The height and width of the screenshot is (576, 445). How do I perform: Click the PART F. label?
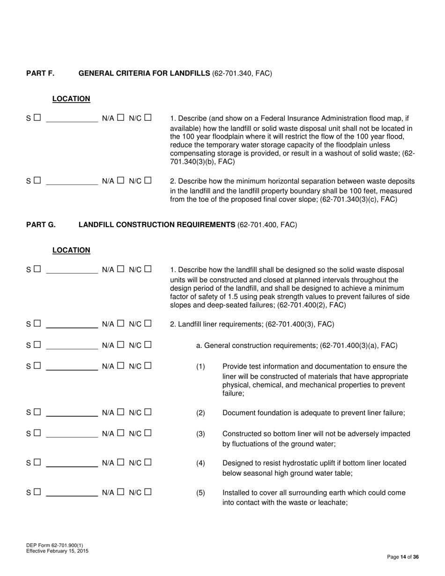[40, 73]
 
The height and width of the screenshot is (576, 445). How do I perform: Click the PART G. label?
[41, 225]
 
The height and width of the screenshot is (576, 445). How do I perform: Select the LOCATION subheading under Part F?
[71, 99]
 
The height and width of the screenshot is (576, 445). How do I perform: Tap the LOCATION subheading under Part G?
[71, 250]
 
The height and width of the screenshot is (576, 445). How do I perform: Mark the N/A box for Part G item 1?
[120, 269]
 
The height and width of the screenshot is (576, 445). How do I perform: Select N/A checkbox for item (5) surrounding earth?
[120, 492]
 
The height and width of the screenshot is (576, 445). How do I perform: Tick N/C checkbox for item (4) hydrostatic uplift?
[148, 463]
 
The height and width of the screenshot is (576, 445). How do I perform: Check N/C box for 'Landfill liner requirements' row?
[148, 323]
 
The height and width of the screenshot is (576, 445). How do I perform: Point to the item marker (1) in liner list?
[200, 366]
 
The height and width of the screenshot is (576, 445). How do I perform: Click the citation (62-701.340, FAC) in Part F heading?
[242, 73]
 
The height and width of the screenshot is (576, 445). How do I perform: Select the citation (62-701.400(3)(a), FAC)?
[359, 346]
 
